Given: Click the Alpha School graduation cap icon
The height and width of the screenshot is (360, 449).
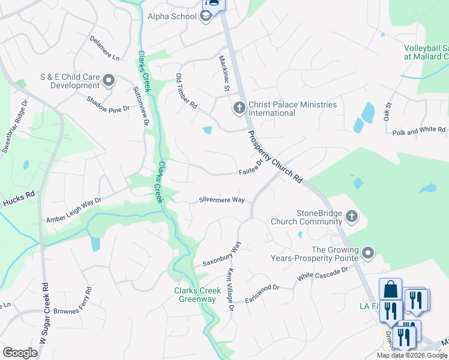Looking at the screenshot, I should tap(206, 16).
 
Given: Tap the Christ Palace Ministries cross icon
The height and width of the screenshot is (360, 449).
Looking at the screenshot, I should tap(239, 108).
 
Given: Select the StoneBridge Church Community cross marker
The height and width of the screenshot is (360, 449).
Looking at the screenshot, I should tap(351, 216).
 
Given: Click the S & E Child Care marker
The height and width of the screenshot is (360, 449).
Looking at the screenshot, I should tap(109, 80).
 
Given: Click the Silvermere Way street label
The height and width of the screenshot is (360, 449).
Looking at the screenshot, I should tap(222, 200).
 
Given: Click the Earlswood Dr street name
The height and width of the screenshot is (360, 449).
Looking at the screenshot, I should tap(264, 288).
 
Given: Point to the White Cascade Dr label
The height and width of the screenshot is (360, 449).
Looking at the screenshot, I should tap(323, 274).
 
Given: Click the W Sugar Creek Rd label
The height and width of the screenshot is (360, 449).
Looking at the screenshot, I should tap(43, 313).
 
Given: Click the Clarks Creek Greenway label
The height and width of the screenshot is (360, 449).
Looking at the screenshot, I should tap(195, 295).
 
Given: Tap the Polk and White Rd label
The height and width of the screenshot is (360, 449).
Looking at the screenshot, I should tap(419, 130).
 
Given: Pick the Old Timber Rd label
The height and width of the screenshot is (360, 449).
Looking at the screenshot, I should tap(186, 91).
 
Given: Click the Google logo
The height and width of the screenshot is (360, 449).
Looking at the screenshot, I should tap(20, 353).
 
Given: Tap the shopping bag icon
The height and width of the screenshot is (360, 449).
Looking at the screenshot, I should tap(390, 289).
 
